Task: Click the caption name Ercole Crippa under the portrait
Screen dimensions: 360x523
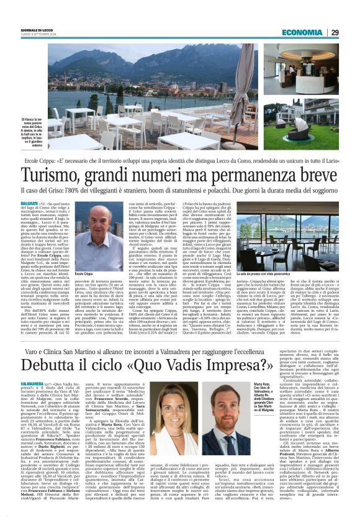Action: [83, 273]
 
